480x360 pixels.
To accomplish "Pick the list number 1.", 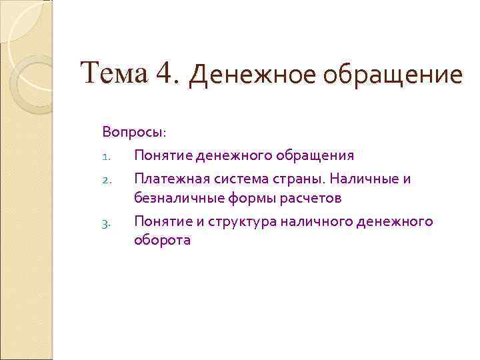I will coord(105,157).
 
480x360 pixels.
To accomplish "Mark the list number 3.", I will coord(105,223).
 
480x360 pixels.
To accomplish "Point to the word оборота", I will coord(162,241).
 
